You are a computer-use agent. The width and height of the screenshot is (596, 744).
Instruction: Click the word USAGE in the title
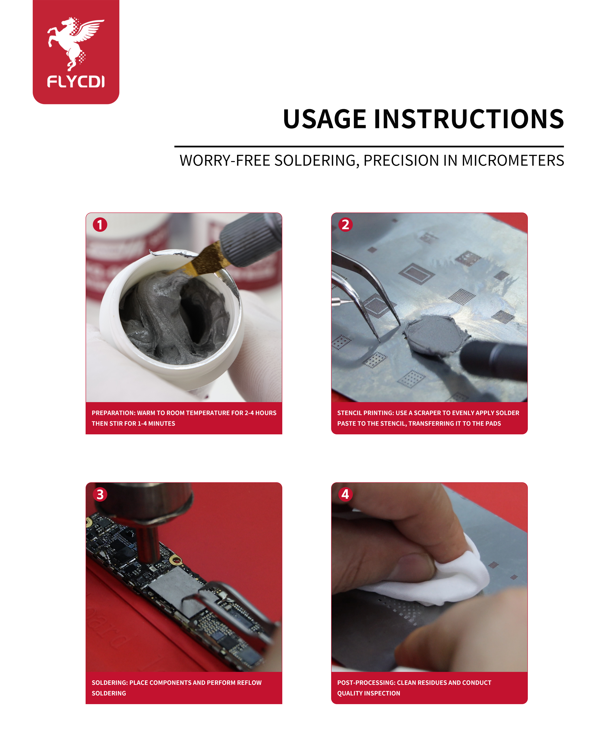click(324, 119)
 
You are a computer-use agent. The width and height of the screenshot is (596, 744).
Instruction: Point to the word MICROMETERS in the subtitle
click(513, 161)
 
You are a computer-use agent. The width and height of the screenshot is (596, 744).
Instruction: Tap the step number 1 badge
click(100, 225)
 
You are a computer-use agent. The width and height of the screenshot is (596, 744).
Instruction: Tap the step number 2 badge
click(345, 225)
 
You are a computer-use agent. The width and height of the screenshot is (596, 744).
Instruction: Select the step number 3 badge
click(100, 494)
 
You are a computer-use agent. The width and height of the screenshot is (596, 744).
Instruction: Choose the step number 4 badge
click(345, 494)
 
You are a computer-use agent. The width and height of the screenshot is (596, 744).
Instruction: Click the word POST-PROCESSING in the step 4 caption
click(366, 682)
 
